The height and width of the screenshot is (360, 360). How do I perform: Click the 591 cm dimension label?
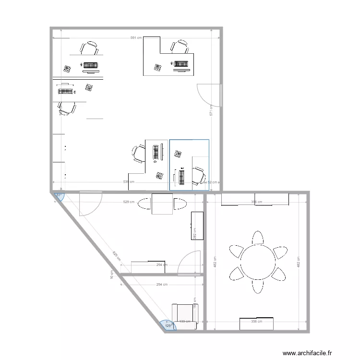(x=136, y=38)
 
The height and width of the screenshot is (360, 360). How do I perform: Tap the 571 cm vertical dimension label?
(x=211, y=111)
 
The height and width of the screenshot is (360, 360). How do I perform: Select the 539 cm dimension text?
(x=129, y=182)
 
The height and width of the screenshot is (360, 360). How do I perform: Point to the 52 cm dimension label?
(x=212, y=182)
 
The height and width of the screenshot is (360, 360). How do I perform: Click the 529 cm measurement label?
(x=129, y=202)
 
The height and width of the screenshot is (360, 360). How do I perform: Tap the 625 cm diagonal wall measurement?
(x=116, y=257)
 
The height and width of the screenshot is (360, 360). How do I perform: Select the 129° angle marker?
(x=168, y=326)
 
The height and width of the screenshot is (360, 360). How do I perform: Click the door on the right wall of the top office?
(x=210, y=95)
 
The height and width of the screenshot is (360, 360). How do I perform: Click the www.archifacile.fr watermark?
(x=307, y=353)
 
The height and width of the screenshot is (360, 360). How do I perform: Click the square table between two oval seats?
(x=162, y=204)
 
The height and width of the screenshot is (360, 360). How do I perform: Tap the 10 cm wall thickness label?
(x=112, y=275)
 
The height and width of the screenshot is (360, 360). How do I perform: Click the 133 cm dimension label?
(x=185, y=322)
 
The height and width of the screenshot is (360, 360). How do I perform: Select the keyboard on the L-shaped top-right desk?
(x=181, y=63)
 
